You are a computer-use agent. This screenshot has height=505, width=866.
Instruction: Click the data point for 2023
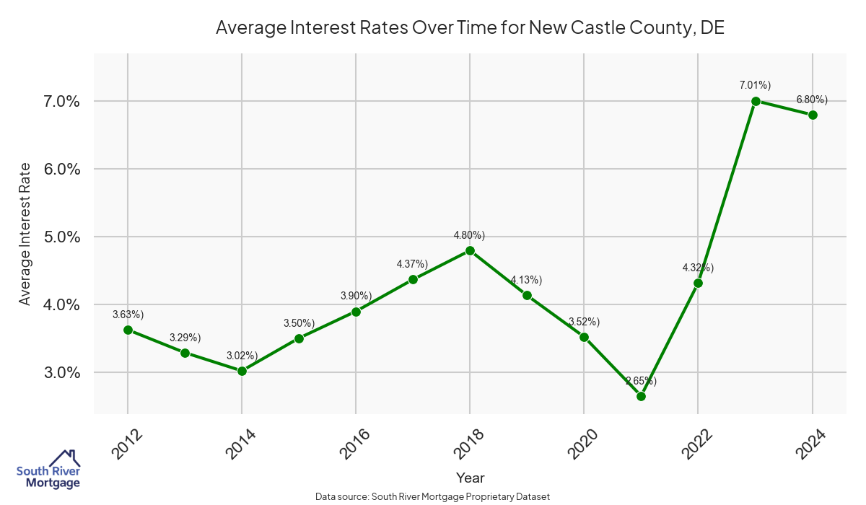point(756,101)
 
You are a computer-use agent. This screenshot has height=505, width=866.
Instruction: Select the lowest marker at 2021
point(641,396)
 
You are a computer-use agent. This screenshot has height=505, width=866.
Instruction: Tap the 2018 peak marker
point(470,250)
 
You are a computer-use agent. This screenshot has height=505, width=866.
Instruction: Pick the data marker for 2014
point(242,371)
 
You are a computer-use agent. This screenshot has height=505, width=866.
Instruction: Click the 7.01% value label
point(755,85)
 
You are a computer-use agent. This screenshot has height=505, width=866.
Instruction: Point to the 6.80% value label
point(812,99)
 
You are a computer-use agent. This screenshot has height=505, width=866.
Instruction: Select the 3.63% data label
point(128,314)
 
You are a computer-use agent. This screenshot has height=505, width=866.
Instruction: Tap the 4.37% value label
point(412,264)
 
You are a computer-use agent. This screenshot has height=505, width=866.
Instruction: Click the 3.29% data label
point(185,337)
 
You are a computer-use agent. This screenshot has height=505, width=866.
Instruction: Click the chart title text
point(470,28)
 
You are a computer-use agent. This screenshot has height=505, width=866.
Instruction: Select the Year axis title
point(470,478)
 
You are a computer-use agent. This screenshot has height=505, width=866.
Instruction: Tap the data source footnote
point(433,496)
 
